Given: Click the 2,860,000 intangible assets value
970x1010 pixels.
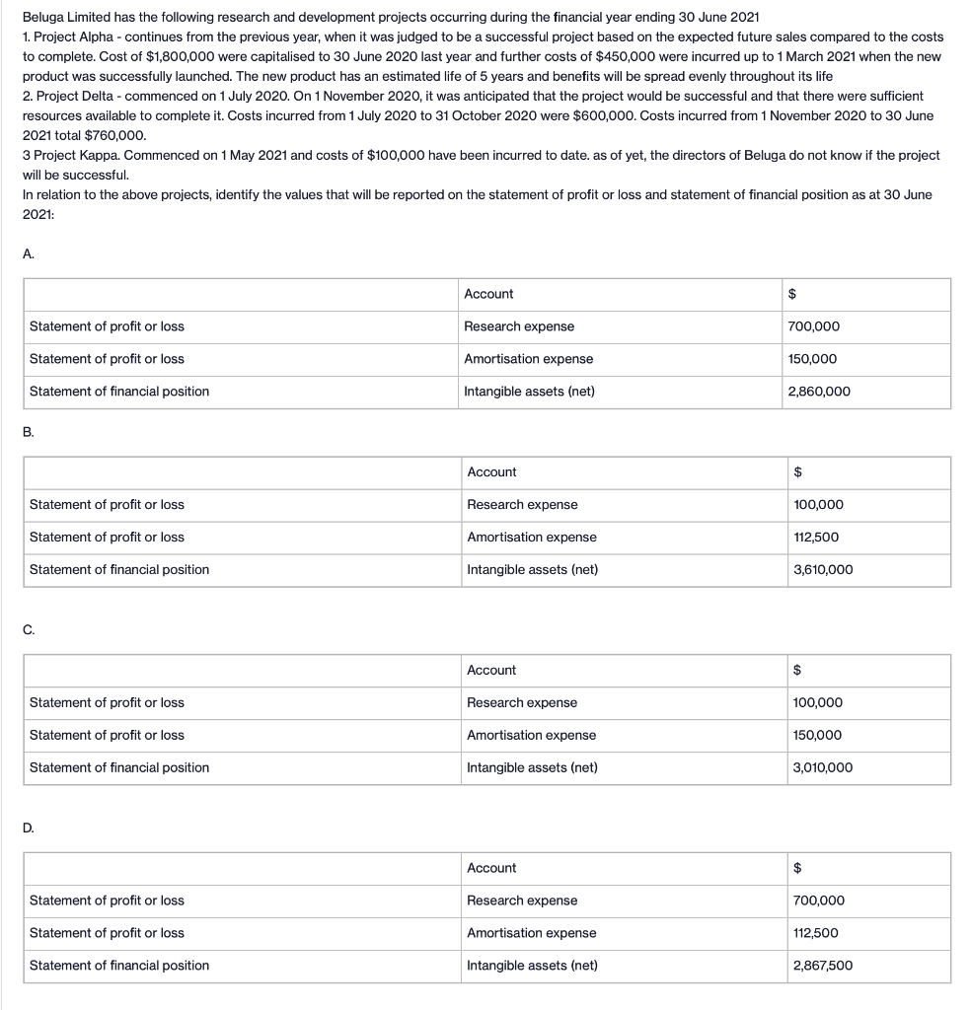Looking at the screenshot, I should (x=819, y=392).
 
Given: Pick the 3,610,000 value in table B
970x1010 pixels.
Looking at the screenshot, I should (x=823, y=569).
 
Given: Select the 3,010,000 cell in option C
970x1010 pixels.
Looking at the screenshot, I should (x=823, y=767).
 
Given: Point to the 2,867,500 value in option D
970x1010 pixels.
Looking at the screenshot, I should (x=823, y=966).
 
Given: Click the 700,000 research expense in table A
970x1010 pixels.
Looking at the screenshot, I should (x=814, y=326).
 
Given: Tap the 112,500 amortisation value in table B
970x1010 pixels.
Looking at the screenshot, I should (x=816, y=537).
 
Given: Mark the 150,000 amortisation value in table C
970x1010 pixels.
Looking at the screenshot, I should (x=818, y=735).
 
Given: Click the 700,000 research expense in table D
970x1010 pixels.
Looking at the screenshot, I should (x=818, y=901).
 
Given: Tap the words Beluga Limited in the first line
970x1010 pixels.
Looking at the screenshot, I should (x=62, y=18).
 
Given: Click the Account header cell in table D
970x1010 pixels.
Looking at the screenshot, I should (x=491, y=868).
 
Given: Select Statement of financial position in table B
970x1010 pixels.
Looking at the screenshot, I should (x=119, y=569).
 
